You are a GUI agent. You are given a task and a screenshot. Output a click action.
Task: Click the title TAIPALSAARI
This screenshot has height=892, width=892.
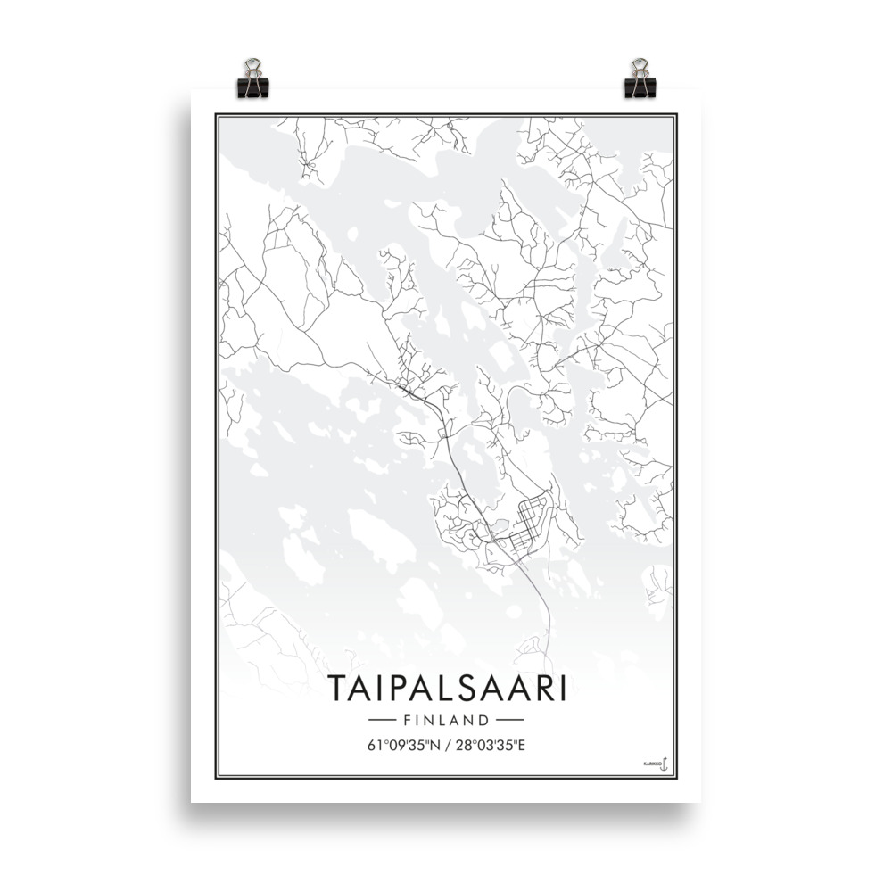[446, 689]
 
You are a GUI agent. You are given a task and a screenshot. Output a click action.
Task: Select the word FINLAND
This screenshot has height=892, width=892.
[446, 719]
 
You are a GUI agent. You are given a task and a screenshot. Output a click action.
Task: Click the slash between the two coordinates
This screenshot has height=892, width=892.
[446, 746]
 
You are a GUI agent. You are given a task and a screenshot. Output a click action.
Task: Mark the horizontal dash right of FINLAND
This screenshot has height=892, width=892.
[509, 719]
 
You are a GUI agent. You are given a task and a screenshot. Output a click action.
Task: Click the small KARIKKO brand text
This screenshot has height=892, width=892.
[649, 764]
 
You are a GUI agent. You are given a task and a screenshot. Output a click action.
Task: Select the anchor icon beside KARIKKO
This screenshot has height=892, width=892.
[663, 764]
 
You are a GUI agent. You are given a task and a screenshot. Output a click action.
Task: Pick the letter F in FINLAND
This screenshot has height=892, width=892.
[408, 719]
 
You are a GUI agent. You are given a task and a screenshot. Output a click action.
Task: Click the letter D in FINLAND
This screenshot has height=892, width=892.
[484, 719]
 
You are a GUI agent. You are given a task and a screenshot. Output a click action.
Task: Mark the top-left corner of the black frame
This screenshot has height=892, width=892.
[216, 114]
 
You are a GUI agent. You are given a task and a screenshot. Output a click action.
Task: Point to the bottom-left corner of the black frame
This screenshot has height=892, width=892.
[216, 776]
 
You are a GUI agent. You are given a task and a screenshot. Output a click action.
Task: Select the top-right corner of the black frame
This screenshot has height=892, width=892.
[676, 114]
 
